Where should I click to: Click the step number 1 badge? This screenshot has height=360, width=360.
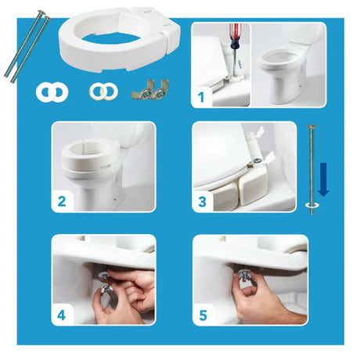tap(202, 98)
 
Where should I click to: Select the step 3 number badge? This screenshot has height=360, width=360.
tap(201, 202)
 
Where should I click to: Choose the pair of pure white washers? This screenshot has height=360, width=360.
tap(51, 92)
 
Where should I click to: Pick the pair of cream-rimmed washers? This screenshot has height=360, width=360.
tap(101, 92)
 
